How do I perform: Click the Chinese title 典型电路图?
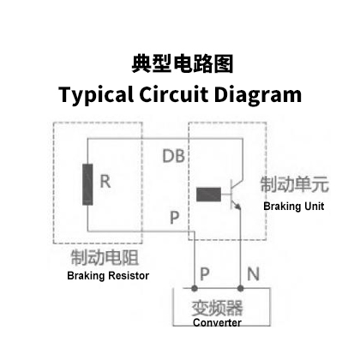click(183, 64)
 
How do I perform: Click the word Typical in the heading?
click(96, 95)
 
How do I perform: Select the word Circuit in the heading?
click(173, 94)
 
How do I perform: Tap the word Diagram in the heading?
click(258, 95)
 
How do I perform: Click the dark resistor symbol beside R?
click(87, 184)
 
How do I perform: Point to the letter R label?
click(105, 181)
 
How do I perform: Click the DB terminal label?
click(173, 156)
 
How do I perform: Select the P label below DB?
click(174, 218)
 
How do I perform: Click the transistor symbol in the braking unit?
click(236, 195)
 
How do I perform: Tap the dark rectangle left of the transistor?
click(208, 195)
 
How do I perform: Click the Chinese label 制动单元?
click(295, 184)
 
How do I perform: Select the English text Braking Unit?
click(294, 207)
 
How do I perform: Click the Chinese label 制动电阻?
click(105, 257)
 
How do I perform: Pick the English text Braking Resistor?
click(108, 276)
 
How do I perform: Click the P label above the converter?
click(205, 273)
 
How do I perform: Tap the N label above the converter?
click(253, 273)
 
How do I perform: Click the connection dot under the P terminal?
click(195, 288)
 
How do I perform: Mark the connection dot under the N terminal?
click(241, 288)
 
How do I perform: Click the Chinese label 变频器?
click(217, 308)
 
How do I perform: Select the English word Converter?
click(217, 322)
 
